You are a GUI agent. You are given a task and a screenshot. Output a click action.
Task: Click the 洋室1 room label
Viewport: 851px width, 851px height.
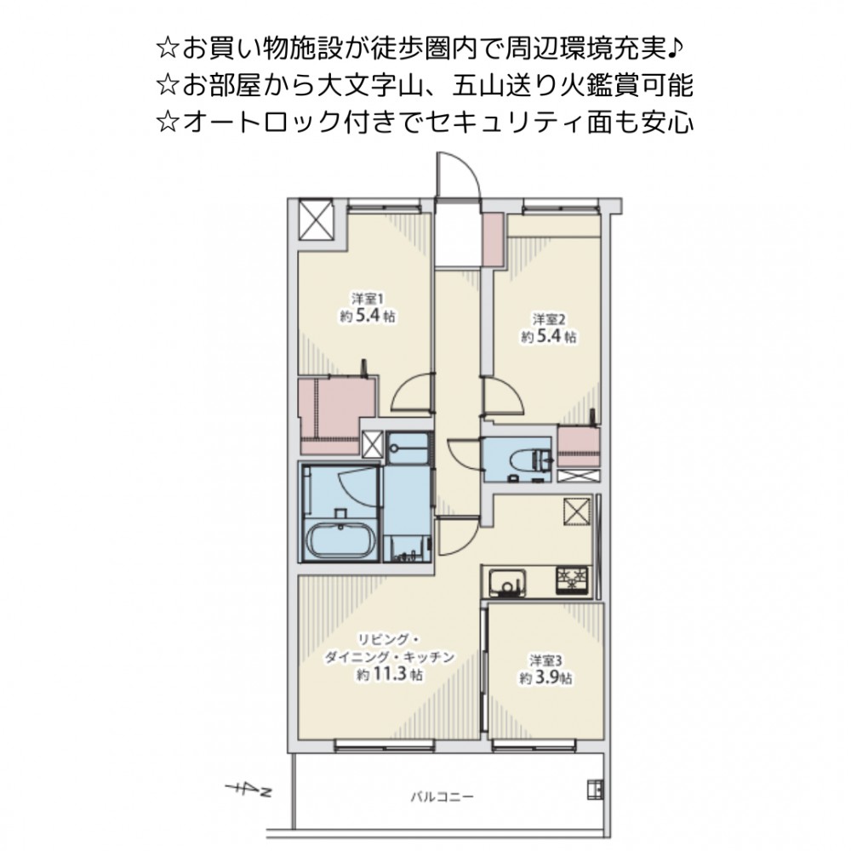point(368,299)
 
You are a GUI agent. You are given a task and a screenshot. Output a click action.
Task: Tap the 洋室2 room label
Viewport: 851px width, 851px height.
point(548,319)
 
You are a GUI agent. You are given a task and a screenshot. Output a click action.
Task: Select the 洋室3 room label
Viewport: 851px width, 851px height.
point(545,660)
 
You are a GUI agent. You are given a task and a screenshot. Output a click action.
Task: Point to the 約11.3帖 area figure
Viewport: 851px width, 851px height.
point(389,675)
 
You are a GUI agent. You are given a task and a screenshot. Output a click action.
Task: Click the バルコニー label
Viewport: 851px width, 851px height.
point(441,797)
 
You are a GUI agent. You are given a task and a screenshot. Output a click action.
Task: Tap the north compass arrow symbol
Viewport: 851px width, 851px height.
point(248,790)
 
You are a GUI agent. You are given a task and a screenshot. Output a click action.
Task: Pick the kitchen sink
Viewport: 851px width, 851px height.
point(506,583)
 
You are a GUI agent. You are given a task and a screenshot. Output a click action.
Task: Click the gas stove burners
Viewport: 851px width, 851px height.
point(572,580)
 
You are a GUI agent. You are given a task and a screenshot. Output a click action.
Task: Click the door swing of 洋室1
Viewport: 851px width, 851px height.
point(413,393)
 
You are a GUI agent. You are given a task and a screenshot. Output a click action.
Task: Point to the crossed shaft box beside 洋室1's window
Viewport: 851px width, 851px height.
point(316,220)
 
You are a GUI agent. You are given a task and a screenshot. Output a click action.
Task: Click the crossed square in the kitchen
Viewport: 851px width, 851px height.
point(577,511)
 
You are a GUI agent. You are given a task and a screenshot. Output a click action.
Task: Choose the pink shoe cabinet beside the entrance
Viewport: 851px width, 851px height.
point(494,240)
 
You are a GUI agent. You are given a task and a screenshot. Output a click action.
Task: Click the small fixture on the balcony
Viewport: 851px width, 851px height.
point(596,790)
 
